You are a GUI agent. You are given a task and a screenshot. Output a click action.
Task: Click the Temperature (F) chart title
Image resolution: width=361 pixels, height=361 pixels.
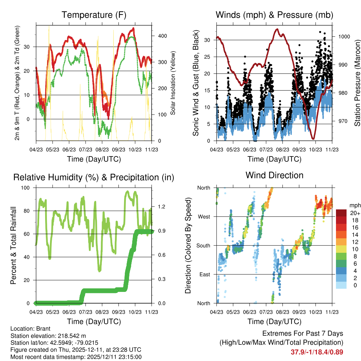(x=94, y=15)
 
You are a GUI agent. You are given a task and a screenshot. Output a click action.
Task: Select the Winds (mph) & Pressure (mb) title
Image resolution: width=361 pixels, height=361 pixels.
(x=275, y=15)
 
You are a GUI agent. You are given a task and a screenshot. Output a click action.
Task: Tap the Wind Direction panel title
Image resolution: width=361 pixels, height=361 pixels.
(x=274, y=175)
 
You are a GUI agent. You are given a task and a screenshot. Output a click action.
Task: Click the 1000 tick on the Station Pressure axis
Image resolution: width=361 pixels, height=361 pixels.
(x=344, y=36)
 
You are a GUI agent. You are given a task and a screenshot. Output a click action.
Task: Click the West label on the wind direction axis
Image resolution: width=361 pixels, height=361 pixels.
(x=203, y=216)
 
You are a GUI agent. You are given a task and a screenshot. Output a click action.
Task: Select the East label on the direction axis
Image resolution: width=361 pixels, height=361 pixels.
(x=204, y=274)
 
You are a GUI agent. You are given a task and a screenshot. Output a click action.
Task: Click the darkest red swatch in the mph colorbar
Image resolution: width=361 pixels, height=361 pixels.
(x=341, y=213)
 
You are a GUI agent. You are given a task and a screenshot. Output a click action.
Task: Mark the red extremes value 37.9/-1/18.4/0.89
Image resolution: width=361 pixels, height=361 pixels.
(x=317, y=352)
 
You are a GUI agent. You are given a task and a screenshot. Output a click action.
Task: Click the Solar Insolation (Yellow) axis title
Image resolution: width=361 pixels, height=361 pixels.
(x=173, y=83)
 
